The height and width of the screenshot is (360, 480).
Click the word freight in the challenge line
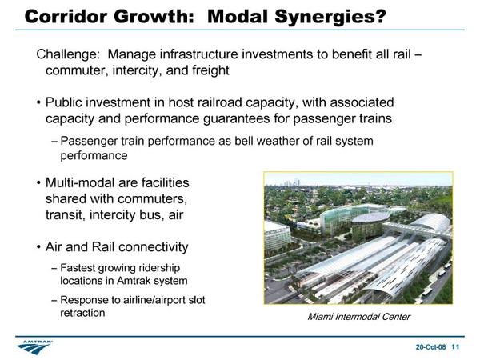[x=210, y=70]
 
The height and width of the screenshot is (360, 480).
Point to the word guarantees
[x=236, y=118]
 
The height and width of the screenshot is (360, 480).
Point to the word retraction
[x=82, y=313]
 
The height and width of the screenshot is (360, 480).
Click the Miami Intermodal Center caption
[x=358, y=317]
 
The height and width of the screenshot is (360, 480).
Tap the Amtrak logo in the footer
[x=34, y=347]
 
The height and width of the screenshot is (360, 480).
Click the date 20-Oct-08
[x=430, y=347]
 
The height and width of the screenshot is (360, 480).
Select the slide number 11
[x=455, y=347]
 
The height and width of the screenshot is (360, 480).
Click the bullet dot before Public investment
[x=38, y=102]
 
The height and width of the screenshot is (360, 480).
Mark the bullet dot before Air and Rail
[x=38, y=247]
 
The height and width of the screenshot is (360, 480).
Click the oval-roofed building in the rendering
[x=370, y=218]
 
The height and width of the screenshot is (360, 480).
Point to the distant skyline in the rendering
[x=292, y=182]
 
